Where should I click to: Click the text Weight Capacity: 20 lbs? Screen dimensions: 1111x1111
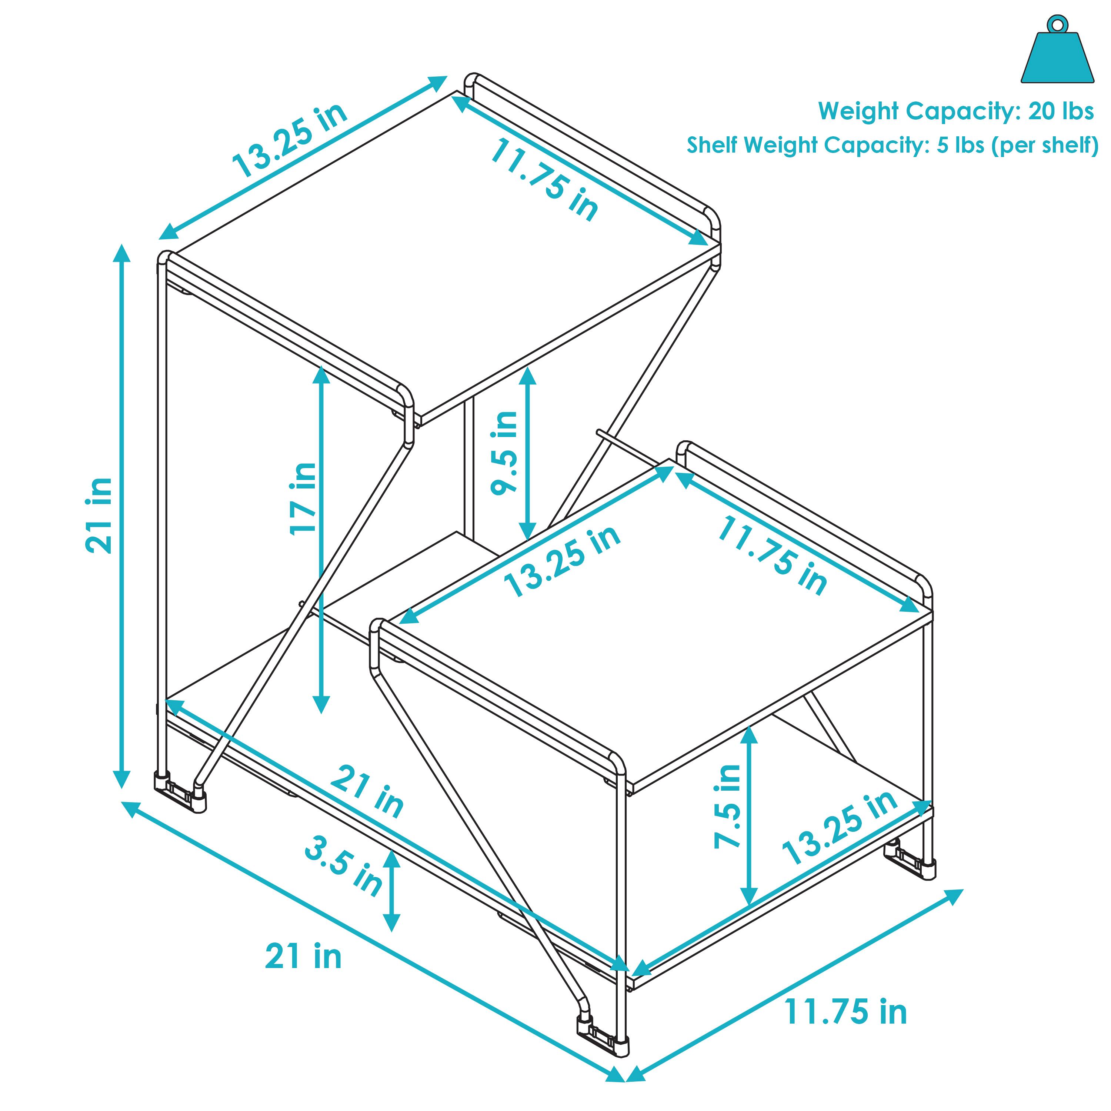coord(956,111)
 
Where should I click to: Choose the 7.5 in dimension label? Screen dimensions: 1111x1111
coord(727,806)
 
